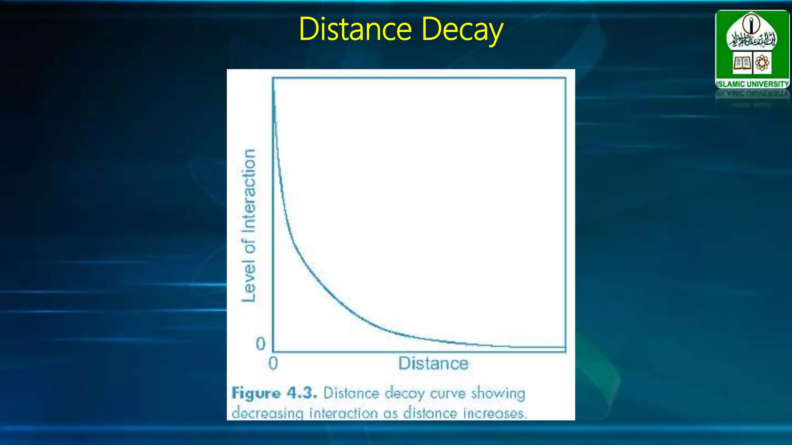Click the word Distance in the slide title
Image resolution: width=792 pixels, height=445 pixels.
pos(355,29)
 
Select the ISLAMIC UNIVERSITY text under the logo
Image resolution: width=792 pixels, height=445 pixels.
pos(752,84)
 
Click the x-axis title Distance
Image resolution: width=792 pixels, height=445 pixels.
pos(433,363)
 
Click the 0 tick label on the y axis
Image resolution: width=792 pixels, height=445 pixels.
pos(261,344)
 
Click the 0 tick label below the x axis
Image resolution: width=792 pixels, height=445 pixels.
pos(273,363)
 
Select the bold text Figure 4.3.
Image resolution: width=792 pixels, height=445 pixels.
pos(274,393)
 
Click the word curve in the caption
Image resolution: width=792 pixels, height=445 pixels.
pos(448,394)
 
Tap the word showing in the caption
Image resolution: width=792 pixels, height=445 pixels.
pos(498,394)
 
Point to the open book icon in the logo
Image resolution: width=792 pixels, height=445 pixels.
pos(742,63)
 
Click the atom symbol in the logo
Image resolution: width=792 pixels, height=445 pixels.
pos(762,63)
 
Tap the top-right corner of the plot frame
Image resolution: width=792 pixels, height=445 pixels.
pos(565,78)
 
